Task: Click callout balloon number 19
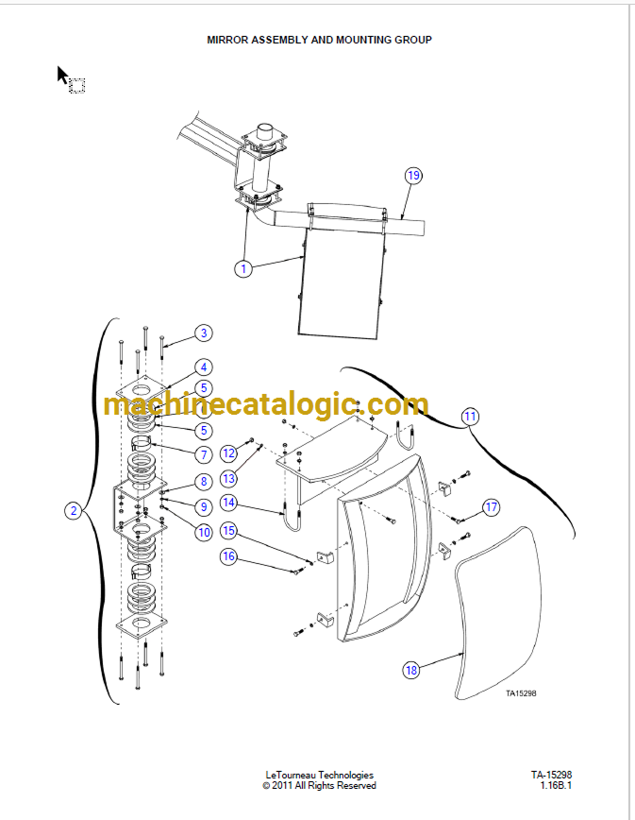click(x=413, y=175)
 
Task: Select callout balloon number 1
click(x=243, y=269)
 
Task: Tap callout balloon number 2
click(x=74, y=510)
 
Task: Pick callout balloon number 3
click(x=204, y=333)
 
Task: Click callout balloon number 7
click(x=204, y=454)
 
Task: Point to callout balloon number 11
click(x=471, y=417)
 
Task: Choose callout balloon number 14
click(x=228, y=503)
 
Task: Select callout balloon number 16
click(x=228, y=555)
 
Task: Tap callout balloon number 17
click(x=492, y=506)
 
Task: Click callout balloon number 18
click(x=411, y=670)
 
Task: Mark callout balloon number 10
click(x=204, y=533)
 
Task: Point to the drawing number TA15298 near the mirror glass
click(x=521, y=693)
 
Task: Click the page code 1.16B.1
click(x=556, y=785)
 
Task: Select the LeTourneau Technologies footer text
click(x=320, y=775)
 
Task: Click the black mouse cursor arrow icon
click(x=62, y=75)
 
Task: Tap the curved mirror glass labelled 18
click(x=497, y=613)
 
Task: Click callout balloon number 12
click(x=228, y=453)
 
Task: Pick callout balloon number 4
click(x=204, y=367)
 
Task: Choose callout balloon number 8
click(x=204, y=481)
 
